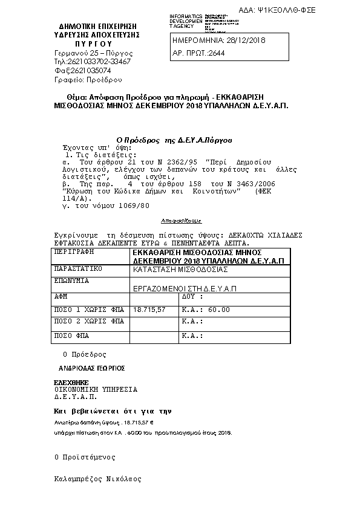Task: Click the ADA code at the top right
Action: (312, 10)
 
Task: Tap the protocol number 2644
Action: (215, 53)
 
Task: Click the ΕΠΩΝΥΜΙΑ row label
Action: (72, 280)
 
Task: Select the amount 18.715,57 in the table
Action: (149, 310)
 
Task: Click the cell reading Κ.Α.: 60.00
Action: (206, 310)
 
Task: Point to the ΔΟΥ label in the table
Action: (193, 297)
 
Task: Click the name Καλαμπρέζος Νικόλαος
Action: (97, 479)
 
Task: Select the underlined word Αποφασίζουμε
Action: (182, 221)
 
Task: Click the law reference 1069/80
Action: (133, 205)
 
